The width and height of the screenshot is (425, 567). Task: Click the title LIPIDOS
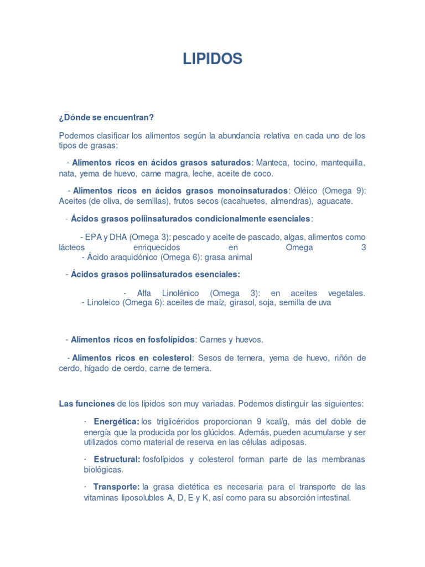[x=212, y=59]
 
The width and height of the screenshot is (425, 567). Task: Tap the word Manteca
[x=271, y=163]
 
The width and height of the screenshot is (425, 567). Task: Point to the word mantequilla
[x=341, y=163]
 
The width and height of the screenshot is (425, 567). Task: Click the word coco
[x=263, y=173]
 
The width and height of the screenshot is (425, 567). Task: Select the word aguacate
[x=335, y=201]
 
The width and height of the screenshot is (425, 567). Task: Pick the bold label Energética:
[x=116, y=422]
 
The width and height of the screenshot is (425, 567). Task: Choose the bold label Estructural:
[x=117, y=460]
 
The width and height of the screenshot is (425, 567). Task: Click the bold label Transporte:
[x=116, y=487]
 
